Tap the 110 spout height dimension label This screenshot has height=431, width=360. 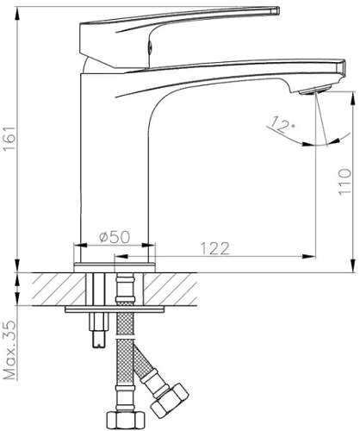(344, 182)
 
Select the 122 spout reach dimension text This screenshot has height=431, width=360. (215, 248)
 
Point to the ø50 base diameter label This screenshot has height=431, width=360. (115, 237)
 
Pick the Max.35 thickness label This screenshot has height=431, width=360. (10, 350)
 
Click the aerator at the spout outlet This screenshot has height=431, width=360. (315, 91)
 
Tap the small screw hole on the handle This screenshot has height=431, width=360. (149, 47)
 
